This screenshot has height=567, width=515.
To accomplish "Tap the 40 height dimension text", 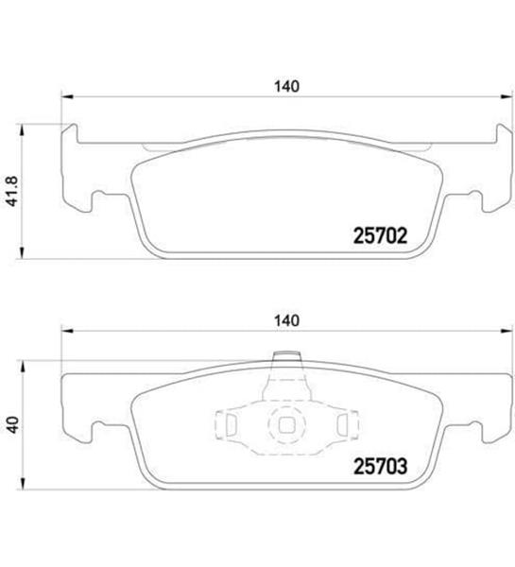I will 12,425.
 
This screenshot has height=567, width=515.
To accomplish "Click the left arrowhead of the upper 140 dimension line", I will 66,96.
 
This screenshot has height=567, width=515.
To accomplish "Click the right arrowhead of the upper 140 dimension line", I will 506,96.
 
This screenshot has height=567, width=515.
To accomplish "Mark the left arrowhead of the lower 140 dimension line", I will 66,330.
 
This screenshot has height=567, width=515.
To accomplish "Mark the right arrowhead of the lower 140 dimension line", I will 506,330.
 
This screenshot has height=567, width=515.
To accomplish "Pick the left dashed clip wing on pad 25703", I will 229,424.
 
